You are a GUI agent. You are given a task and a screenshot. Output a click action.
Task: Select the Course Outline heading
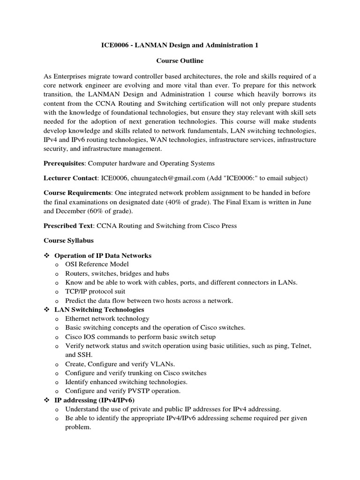point(180,61)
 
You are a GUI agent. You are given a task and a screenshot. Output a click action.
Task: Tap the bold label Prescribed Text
point(68,225)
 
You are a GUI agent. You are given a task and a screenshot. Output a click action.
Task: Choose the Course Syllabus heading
point(68,240)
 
